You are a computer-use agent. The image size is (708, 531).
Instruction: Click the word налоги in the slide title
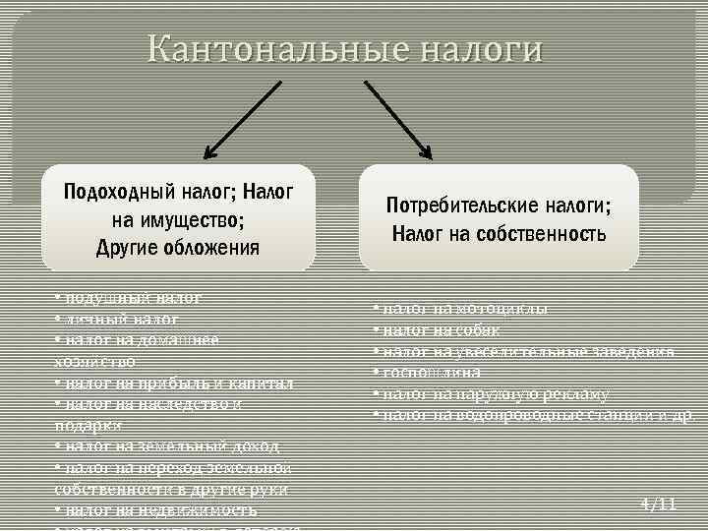click(x=482, y=49)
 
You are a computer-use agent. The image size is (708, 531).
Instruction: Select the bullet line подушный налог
click(x=128, y=296)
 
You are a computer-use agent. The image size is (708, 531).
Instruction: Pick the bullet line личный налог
click(x=118, y=319)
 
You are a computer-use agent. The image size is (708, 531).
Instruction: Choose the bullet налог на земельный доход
click(x=167, y=446)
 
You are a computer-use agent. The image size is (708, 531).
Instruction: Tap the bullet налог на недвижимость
click(x=157, y=510)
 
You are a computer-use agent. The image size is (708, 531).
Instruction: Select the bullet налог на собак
click(x=437, y=329)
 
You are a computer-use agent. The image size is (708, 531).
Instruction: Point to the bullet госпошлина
click(x=429, y=372)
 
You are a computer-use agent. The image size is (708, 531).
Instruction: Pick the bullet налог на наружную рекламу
click(x=492, y=393)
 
